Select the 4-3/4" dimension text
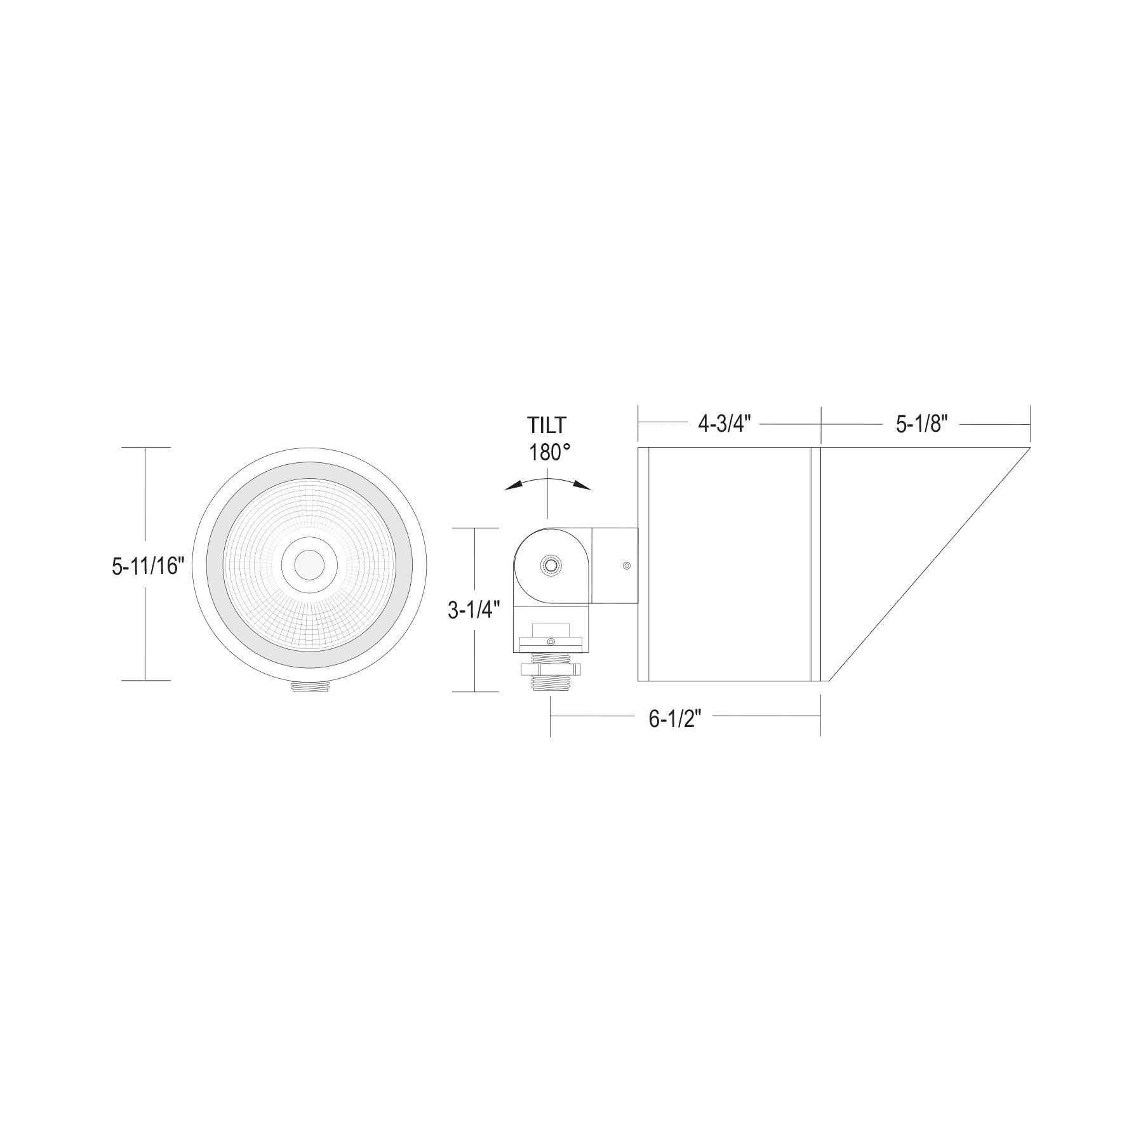tap(725, 424)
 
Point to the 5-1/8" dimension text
tap(922, 424)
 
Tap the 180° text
tap(549, 452)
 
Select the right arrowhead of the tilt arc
tap(582, 486)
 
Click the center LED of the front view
tap(309, 564)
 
